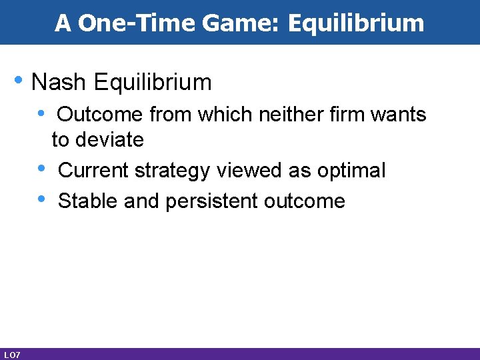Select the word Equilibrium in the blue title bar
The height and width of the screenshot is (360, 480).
point(356,23)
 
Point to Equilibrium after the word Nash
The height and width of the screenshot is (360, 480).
point(153,83)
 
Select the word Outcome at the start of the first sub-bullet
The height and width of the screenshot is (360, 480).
point(100,115)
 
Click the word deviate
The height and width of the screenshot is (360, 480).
point(111,140)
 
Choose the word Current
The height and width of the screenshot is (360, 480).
point(94,171)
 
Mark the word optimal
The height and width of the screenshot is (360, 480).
point(351,171)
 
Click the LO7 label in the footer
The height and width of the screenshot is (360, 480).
point(11,355)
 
